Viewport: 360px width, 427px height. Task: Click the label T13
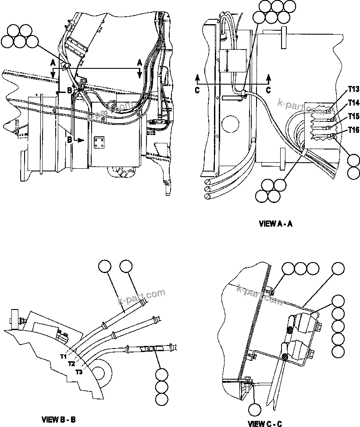(353, 89)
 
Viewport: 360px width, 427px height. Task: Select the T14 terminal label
(353, 103)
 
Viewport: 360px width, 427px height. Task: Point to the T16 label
(353, 129)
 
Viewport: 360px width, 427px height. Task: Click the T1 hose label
(64, 356)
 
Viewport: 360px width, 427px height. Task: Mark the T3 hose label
(79, 372)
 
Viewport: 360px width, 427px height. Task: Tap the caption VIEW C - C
(264, 423)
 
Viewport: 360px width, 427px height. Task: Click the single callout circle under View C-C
(254, 409)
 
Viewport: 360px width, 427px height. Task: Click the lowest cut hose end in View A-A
(207, 197)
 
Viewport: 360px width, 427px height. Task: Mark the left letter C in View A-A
(197, 89)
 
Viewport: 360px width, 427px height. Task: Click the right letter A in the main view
(139, 63)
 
